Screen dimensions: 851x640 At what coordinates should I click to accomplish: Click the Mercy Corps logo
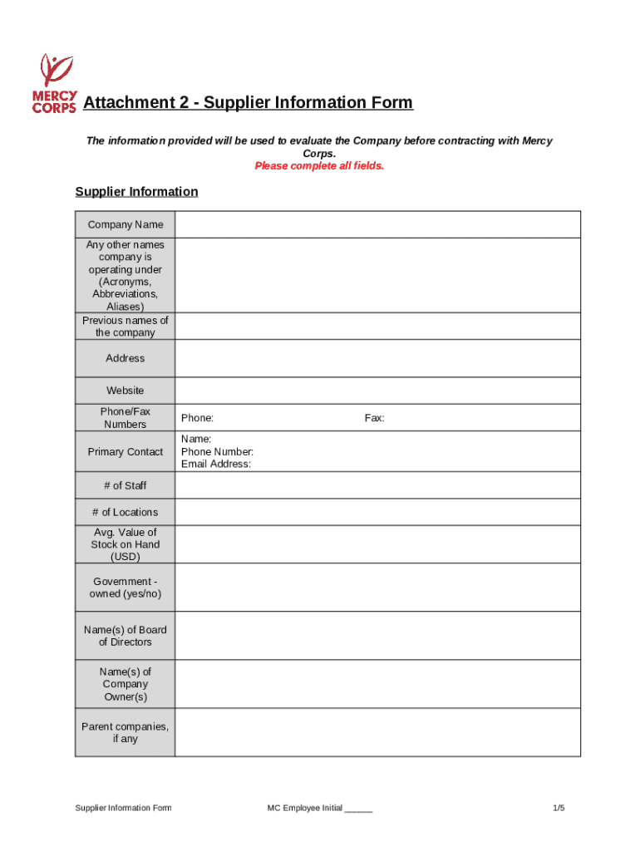(x=54, y=83)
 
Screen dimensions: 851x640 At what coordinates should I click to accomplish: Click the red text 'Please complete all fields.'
(x=319, y=166)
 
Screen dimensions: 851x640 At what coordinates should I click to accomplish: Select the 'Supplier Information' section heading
(x=136, y=192)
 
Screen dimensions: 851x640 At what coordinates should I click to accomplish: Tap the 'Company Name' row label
(x=126, y=224)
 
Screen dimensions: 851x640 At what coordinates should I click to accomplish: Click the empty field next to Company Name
(x=377, y=224)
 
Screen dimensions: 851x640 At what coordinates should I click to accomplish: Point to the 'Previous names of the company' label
(x=126, y=327)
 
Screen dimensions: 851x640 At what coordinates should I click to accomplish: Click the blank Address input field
(x=377, y=358)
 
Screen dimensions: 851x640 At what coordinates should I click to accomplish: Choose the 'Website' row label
(x=126, y=391)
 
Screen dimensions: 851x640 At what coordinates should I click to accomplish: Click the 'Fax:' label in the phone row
(x=374, y=418)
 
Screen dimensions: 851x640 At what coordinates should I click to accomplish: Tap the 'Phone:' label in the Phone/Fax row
(x=198, y=418)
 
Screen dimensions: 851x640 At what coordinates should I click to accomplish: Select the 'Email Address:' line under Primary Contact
(x=216, y=465)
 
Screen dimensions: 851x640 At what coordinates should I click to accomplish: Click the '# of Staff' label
(x=126, y=485)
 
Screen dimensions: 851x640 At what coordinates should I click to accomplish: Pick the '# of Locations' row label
(x=126, y=512)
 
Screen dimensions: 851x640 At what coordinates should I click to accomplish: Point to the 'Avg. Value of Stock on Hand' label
(x=126, y=544)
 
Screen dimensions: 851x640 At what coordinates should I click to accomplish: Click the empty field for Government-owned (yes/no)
(x=377, y=588)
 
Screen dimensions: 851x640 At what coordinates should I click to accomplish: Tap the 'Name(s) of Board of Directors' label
(x=126, y=636)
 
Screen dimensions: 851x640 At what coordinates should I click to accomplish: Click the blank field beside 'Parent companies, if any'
(x=377, y=732)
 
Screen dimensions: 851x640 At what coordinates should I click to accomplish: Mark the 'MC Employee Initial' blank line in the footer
(x=358, y=809)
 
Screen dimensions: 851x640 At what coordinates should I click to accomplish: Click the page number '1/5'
(x=559, y=808)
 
